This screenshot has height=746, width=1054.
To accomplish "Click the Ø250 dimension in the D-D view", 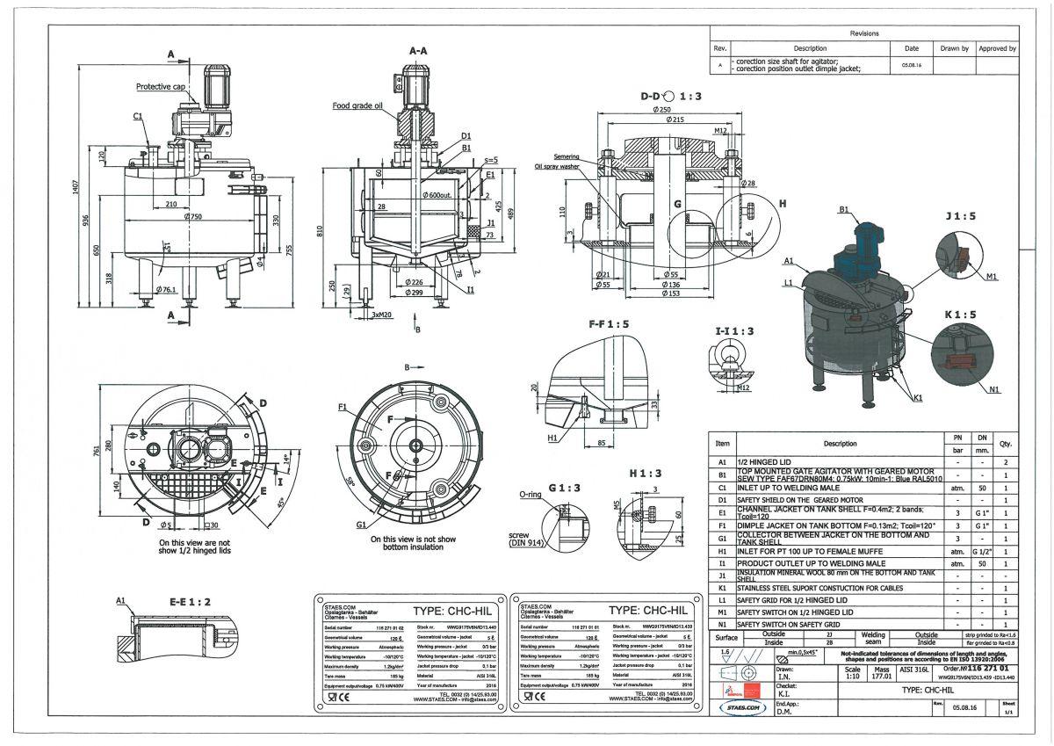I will coord(673,109).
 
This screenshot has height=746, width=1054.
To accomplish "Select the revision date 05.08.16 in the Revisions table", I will coord(911,65).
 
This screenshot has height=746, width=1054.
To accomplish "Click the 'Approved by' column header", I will coord(997,48).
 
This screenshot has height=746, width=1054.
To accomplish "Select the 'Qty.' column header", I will coord(1005,444).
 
